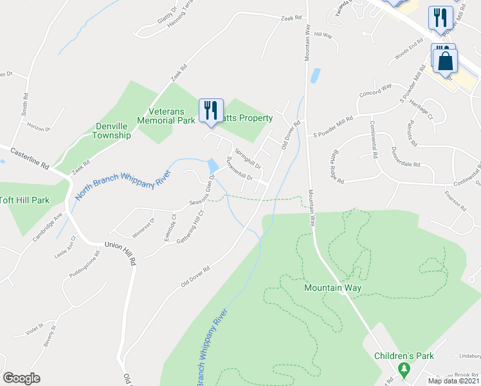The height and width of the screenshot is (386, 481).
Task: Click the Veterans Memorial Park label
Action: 167,116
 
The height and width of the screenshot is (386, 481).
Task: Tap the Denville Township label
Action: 111,131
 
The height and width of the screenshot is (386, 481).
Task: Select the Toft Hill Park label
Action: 24,201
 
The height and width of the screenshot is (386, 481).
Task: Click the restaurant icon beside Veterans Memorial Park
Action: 211,110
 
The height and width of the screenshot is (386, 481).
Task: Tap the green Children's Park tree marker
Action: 404,369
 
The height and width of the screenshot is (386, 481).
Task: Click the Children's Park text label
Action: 404,356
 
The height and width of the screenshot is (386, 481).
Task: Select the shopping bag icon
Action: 445,61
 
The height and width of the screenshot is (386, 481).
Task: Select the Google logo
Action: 21,378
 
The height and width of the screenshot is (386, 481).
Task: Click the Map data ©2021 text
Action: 453,381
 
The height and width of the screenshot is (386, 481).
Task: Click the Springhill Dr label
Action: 247,157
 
